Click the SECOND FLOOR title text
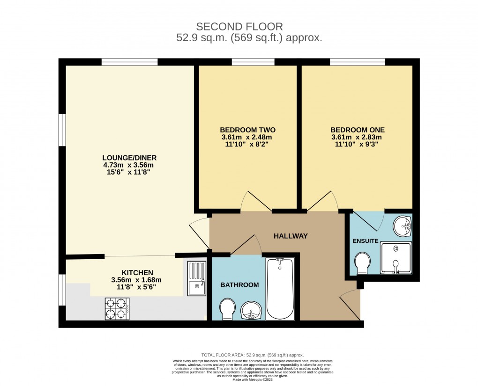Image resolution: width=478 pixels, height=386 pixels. tap(239, 26)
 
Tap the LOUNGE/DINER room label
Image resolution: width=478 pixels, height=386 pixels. tap(129, 157)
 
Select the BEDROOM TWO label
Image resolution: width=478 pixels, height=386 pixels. tap(247, 130)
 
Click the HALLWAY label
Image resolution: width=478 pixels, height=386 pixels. tap(291, 236)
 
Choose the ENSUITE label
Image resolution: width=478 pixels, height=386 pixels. tap(365, 241)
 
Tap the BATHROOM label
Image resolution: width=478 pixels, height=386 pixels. tap(239, 284)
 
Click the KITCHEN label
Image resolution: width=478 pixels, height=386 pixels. tap(137, 272)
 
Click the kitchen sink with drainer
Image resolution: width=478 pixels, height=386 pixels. tap(197, 278)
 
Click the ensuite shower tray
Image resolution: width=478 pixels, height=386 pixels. tap(396, 257)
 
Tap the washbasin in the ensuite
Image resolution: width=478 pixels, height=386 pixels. tap(403, 226)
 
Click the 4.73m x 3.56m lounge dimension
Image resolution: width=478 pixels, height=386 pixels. tap(129, 165)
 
